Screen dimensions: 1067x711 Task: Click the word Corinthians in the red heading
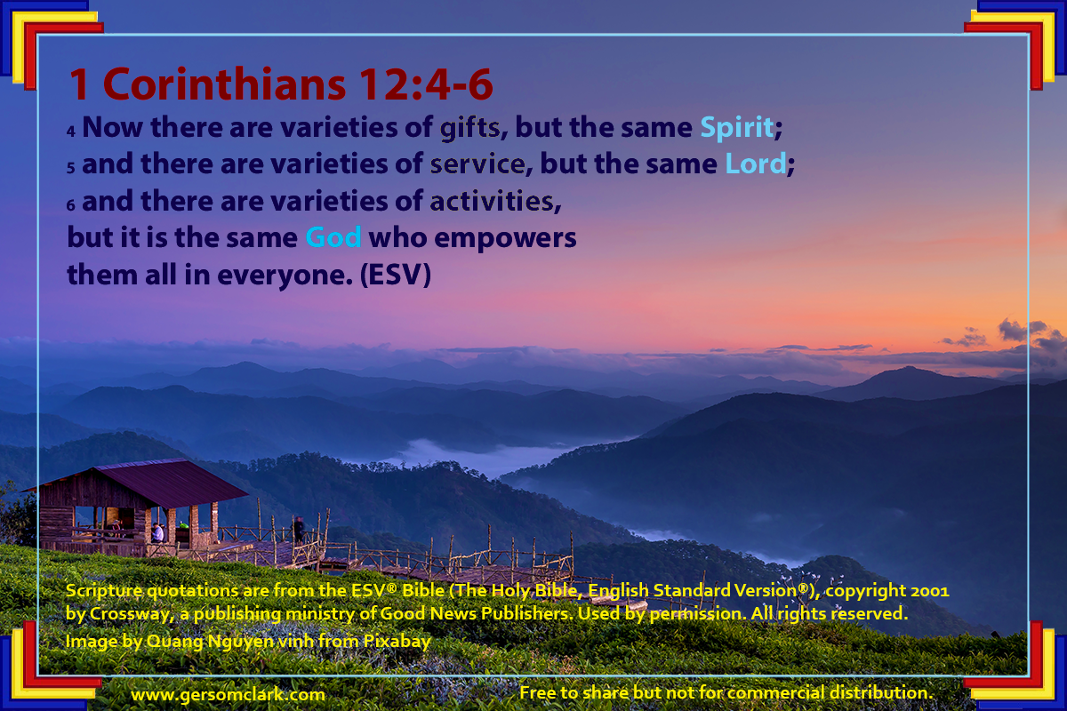[x=224, y=84]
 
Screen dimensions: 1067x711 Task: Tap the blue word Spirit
[x=737, y=128]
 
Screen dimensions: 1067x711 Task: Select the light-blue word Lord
[x=756, y=164]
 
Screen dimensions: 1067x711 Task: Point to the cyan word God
[x=333, y=237]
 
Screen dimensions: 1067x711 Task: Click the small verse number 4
[x=71, y=131]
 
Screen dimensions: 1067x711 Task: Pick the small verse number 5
[x=71, y=168]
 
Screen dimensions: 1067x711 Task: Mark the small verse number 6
[x=71, y=204]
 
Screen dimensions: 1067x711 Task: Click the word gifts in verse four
[x=469, y=129]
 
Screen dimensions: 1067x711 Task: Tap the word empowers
[x=505, y=238]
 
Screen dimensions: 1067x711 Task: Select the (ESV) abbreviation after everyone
[x=396, y=275]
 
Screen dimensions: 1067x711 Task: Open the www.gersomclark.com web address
[x=229, y=695]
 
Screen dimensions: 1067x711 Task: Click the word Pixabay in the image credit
[x=397, y=642]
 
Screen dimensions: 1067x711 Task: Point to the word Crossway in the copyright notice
[x=129, y=614]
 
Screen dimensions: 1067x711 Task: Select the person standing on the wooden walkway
[x=299, y=530]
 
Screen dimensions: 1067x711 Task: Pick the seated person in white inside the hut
[x=157, y=532]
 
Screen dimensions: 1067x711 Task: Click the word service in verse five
[x=477, y=164]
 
